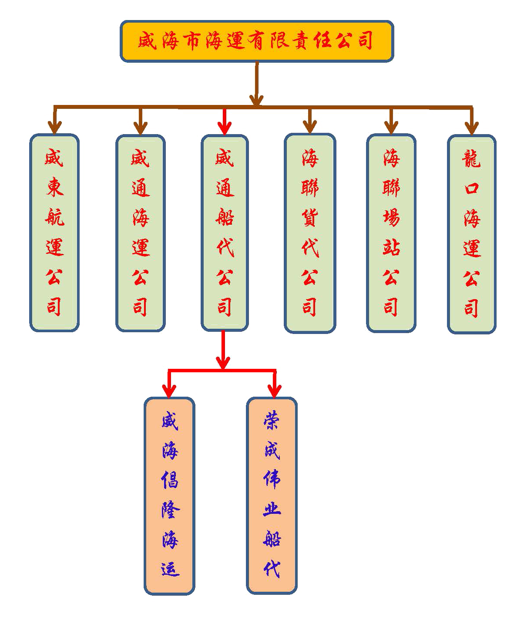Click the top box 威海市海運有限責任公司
[257, 41]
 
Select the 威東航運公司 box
[54, 233]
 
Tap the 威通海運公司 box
[140, 233]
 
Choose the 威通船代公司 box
[225, 233]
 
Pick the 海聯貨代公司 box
[309, 233]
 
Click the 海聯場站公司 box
[391, 233]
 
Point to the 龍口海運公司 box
[471, 234]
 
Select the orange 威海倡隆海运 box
[169, 496]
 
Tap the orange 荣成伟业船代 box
[272, 496]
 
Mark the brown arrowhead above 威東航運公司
[54, 128]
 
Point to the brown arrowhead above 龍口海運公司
[471, 128]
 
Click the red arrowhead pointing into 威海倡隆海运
[169, 391]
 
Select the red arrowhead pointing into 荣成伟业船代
[274, 391]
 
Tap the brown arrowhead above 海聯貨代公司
[309, 127]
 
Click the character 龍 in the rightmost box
[471, 159]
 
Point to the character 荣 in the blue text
[272, 421]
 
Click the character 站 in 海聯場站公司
[391, 247]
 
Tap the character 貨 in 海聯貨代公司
[309, 217]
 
